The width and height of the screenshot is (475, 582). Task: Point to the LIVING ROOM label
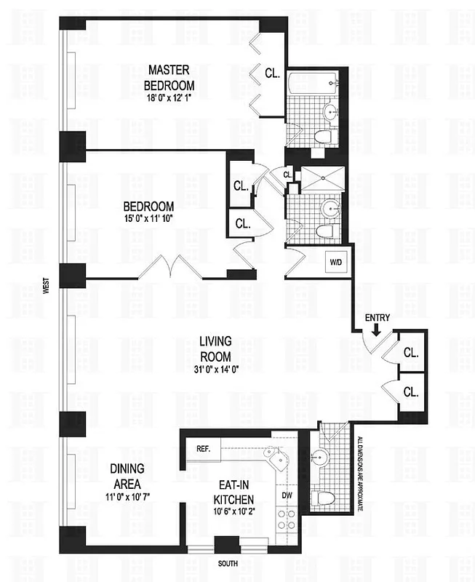216,349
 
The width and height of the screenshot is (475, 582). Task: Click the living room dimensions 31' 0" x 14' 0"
216,368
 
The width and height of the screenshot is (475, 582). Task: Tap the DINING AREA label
130,477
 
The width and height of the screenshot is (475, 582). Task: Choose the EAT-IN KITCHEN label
233,493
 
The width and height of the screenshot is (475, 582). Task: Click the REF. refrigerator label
203,449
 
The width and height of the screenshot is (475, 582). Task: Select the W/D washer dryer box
336,261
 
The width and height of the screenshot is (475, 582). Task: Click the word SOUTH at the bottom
228,564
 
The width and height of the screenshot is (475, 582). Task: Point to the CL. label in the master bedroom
272,73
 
